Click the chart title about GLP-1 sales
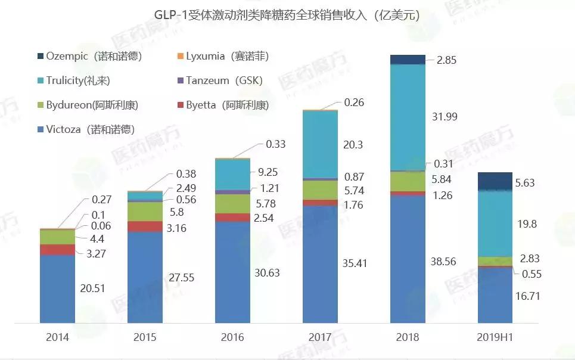pyautogui.click(x=287, y=15)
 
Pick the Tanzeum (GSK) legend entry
pyautogui.click(x=224, y=80)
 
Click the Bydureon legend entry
pyautogui.click(x=92, y=105)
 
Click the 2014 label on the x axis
pyautogui.click(x=57, y=337)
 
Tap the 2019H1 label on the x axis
pyautogui.click(x=495, y=337)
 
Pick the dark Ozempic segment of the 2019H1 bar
pyautogui.click(x=495, y=181)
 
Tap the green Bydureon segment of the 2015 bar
pyautogui.click(x=145, y=212)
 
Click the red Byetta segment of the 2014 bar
pyautogui.click(x=57, y=250)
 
